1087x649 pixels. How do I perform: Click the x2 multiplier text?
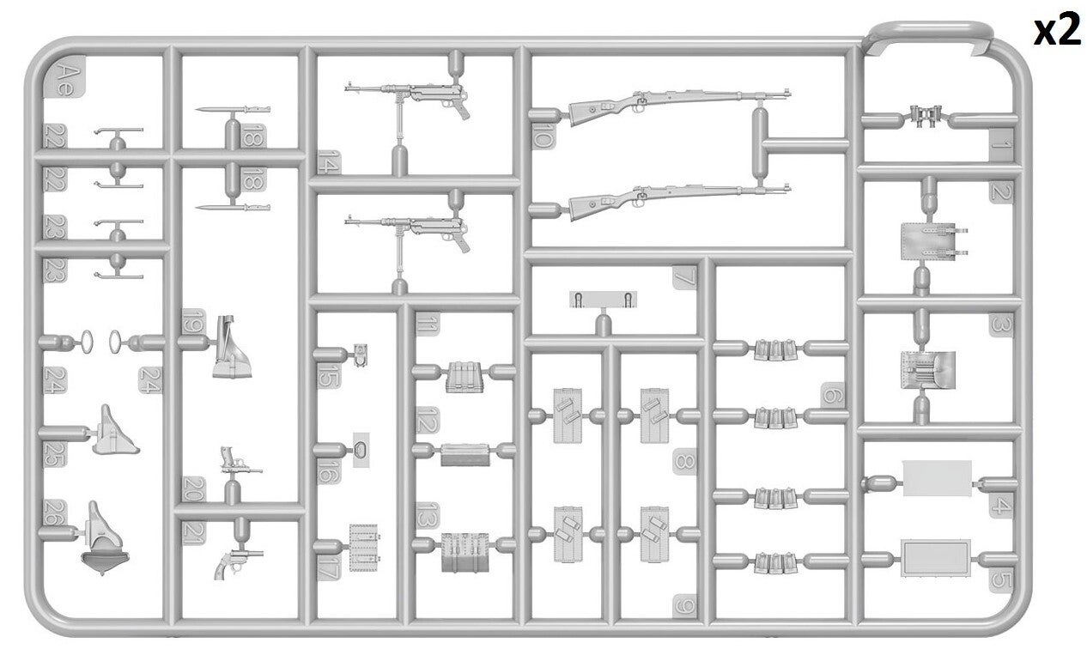(x=1057, y=32)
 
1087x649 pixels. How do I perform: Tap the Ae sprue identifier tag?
(x=64, y=76)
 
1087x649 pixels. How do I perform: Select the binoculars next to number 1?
(x=926, y=117)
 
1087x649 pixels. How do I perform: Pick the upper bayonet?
(x=233, y=110)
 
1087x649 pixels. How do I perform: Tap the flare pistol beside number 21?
(x=238, y=561)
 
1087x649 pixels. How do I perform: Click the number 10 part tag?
(x=543, y=136)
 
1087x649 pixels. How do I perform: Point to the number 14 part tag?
(x=329, y=162)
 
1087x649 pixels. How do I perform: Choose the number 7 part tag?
(x=684, y=277)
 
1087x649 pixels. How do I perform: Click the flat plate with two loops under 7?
(x=603, y=300)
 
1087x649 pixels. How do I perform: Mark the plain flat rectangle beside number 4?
(x=937, y=478)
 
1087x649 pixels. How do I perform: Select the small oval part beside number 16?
(x=361, y=450)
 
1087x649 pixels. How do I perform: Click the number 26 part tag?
(x=55, y=513)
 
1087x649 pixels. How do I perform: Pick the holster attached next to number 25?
(x=114, y=432)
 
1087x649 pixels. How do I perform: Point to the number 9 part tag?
(x=684, y=606)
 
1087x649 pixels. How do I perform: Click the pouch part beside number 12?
(x=465, y=455)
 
